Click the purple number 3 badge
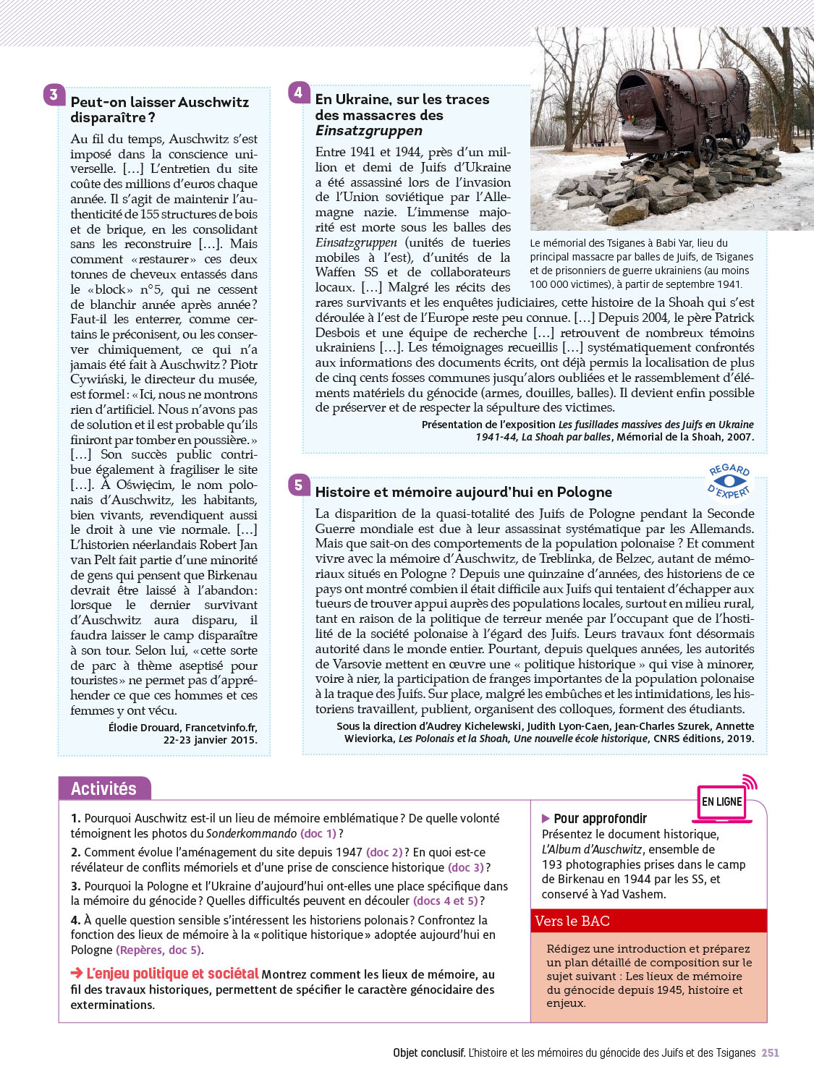coord(54,95)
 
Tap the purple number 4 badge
coord(298,92)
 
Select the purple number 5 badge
coord(298,485)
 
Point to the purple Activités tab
coord(104,788)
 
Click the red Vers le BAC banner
coord(648,921)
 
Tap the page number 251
coord(770,1053)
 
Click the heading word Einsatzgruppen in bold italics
coord(369,131)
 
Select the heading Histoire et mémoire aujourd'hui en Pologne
coord(464,492)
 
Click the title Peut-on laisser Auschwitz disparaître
coord(159,110)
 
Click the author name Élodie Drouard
coord(144,728)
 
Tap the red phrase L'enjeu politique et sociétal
coord(172,974)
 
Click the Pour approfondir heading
coord(600,819)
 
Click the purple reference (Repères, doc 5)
coord(159,950)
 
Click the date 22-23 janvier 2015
coord(210,740)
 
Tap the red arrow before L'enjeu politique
coord(77,974)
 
